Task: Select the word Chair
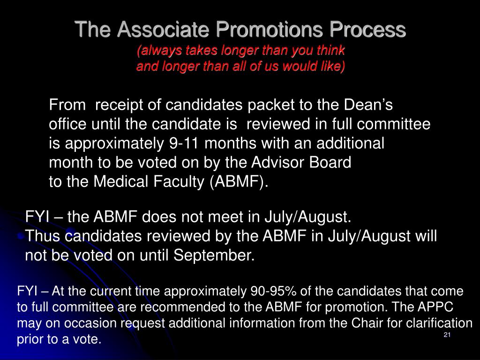[x=375, y=323]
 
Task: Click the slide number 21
[x=447, y=335]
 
